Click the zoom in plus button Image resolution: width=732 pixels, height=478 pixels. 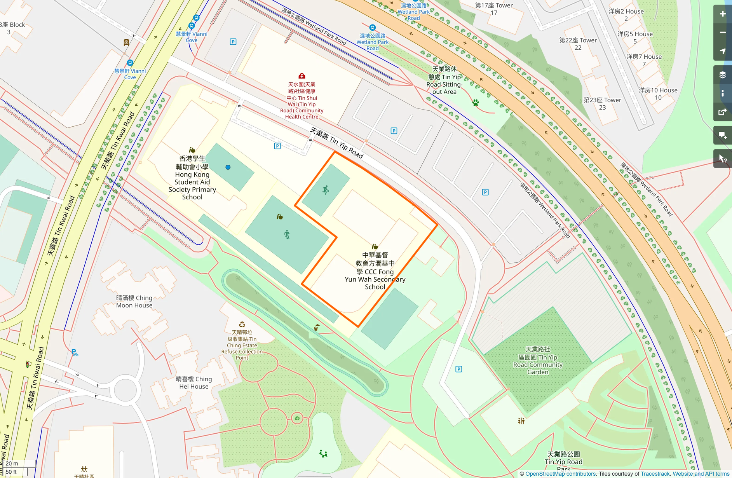point(722,14)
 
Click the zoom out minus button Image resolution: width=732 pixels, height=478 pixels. point(722,33)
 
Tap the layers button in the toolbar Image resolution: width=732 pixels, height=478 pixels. point(722,75)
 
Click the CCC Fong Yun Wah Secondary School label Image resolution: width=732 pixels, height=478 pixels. point(375,271)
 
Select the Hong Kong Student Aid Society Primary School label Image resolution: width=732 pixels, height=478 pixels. point(192,178)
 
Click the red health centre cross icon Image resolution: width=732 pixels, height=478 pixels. point(302,76)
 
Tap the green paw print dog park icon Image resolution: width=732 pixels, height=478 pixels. point(476,103)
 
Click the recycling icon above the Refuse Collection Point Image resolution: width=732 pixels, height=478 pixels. point(242,324)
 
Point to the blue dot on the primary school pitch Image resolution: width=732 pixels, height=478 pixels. point(228,167)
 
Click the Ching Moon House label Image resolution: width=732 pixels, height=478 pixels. point(134,302)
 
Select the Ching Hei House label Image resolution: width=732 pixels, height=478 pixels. point(194,382)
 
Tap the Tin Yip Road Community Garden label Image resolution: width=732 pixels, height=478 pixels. point(538,361)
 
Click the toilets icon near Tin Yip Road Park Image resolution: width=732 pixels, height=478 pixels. point(521,421)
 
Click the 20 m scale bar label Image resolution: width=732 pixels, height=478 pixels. point(12,463)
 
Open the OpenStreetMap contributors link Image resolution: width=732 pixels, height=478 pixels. point(560,474)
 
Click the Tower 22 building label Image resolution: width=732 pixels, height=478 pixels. point(578,44)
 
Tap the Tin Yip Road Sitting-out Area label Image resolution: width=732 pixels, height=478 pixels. point(444,80)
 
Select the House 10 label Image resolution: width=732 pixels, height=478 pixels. point(658,94)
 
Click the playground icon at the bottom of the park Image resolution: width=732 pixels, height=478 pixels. point(323,454)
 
